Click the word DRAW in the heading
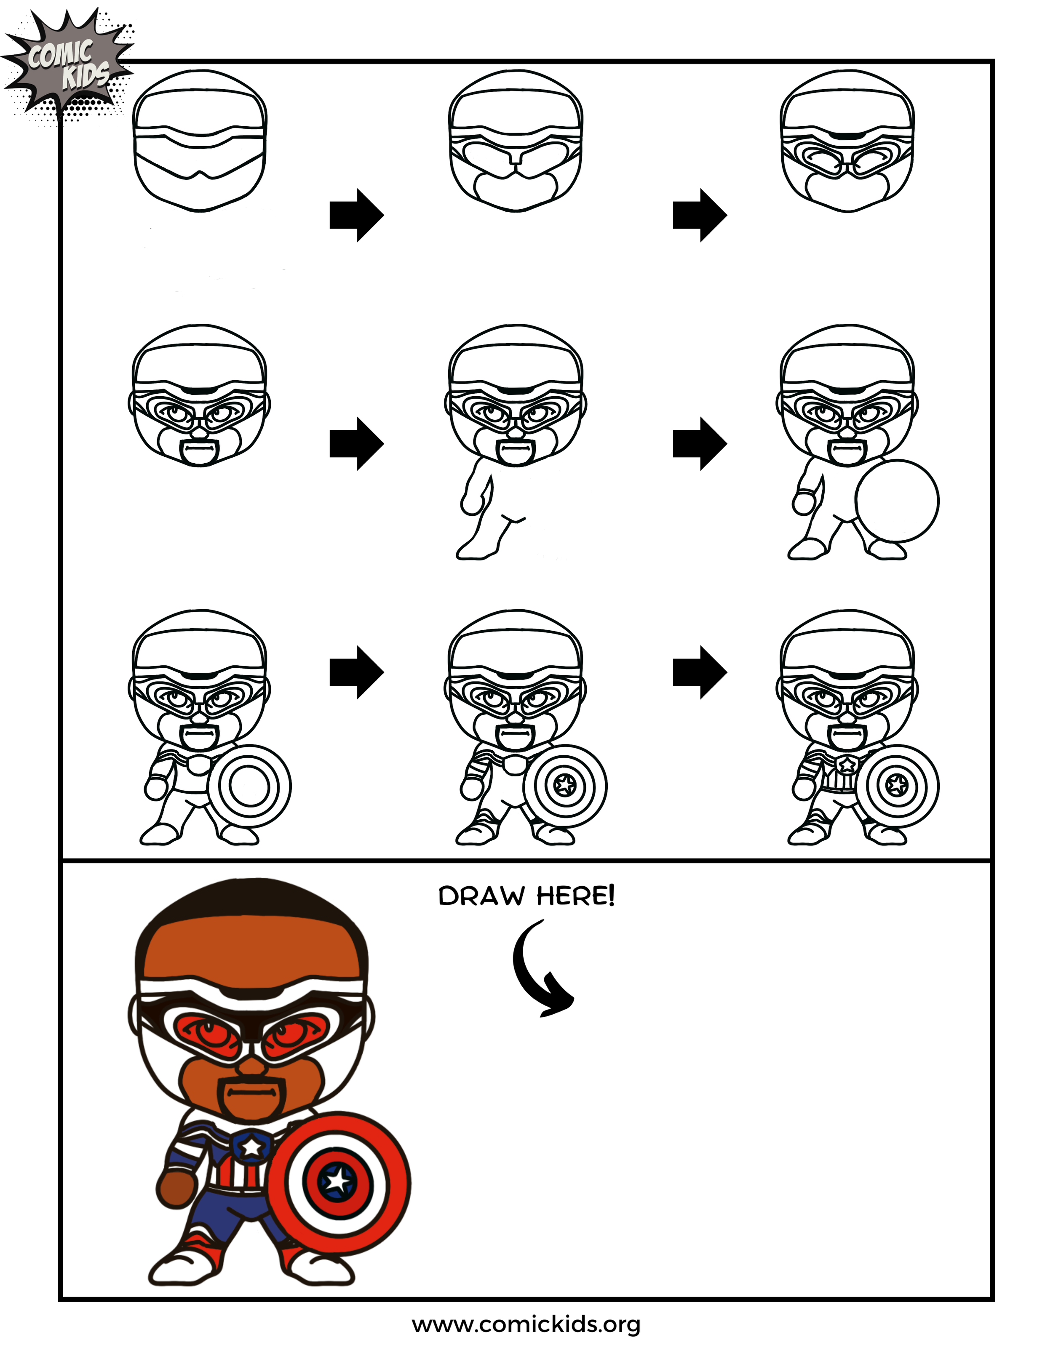(x=481, y=897)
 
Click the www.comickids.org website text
(x=526, y=1325)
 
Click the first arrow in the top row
(x=356, y=215)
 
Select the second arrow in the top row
(x=699, y=215)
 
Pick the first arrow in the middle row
(x=356, y=443)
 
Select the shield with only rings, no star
(x=249, y=786)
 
